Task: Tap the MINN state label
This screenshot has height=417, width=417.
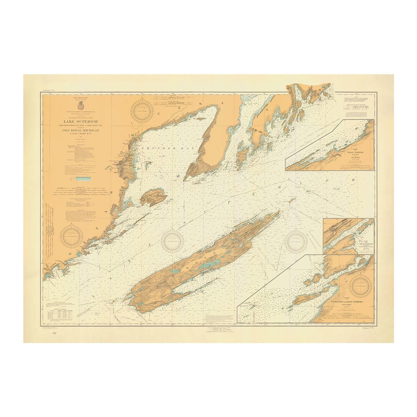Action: [x=48, y=267]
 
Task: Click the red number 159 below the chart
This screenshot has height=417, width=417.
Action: [x=54, y=334]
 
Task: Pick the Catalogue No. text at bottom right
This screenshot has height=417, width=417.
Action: [x=368, y=327]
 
